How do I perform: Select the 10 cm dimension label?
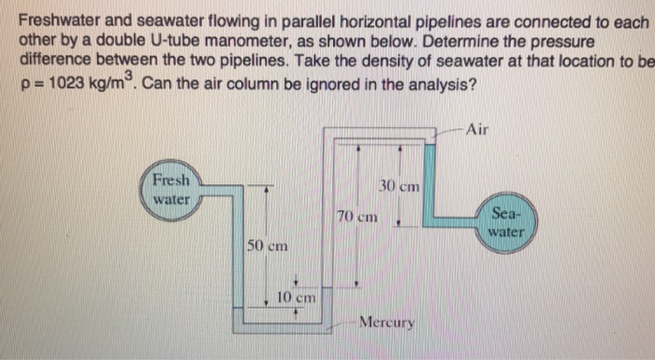coord(297,297)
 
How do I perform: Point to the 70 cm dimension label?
coord(357,215)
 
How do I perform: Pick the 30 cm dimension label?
coord(400,186)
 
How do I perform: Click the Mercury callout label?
coord(386,324)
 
